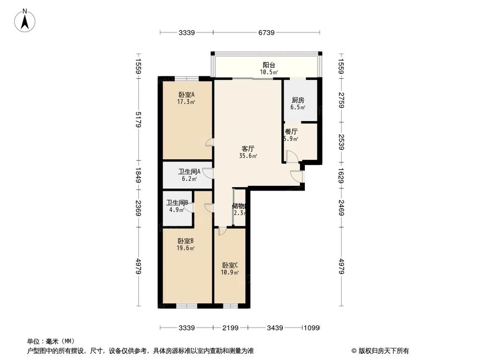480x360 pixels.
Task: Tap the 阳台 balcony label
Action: click(x=269, y=65)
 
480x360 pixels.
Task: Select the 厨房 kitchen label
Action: click(x=298, y=100)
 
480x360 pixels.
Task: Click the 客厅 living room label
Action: click(x=248, y=149)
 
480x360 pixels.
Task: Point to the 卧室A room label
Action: click(x=186, y=95)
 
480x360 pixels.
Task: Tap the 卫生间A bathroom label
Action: click(x=189, y=171)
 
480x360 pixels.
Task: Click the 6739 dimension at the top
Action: click(x=266, y=33)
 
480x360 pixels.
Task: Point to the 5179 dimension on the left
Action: click(x=138, y=120)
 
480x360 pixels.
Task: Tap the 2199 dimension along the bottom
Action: click(x=230, y=328)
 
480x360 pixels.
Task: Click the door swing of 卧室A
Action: click(x=209, y=143)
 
